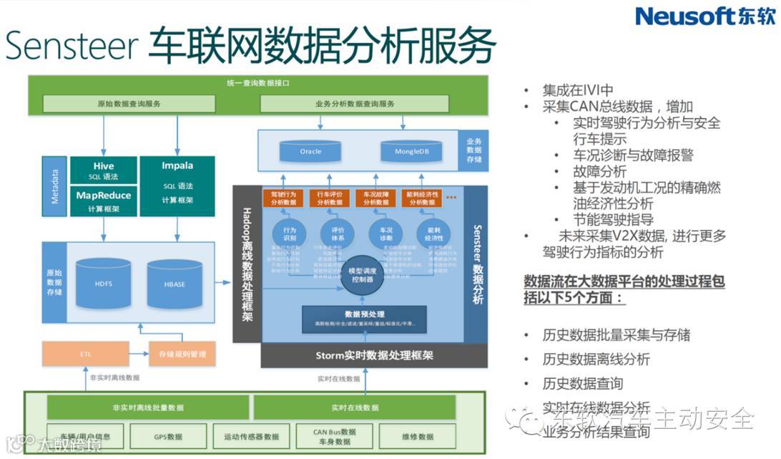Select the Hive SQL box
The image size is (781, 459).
pyautogui.click(x=104, y=171)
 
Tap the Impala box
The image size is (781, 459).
pyautogui.click(x=177, y=185)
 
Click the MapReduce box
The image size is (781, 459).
pyautogui.click(x=104, y=200)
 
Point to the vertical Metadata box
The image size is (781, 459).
pyautogui.click(x=55, y=185)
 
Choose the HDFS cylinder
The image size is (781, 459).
pyautogui.click(x=104, y=284)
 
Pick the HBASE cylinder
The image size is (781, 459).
pyautogui.click(x=175, y=284)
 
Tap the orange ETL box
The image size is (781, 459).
pyautogui.click(x=86, y=354)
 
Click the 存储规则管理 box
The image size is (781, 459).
pyautogui.click(x=182, y=354)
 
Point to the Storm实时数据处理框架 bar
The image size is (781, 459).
pyautogui.click(x=364, y=355)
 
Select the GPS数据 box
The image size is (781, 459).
pyautogui.click(x=168, y=436)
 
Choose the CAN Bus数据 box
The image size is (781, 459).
pyautogui.click(x=333, y=436)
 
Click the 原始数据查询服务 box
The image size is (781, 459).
pyautogui.click(x=129, y=104)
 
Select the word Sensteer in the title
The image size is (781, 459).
pyautogui.click(x=72, y=45)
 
